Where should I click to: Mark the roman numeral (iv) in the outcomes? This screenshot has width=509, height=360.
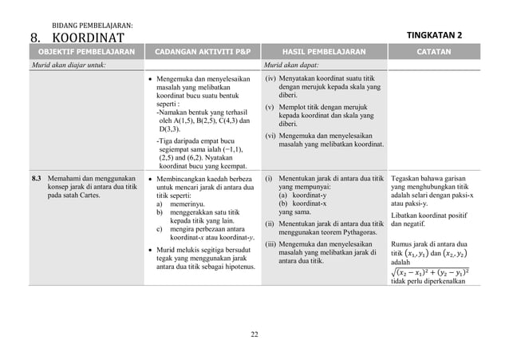(271, 78)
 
